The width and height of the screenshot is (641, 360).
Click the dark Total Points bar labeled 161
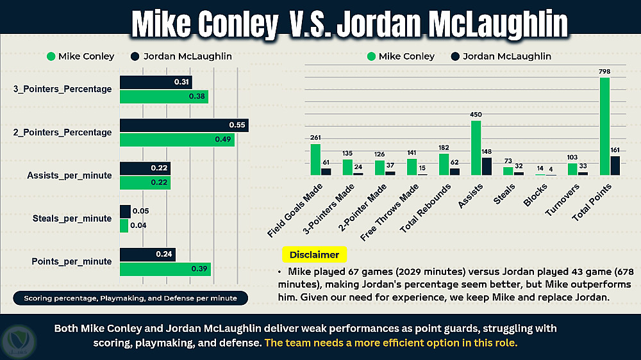615,165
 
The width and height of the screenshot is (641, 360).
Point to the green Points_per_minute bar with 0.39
165,269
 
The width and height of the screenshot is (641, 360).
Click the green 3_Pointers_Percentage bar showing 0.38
164,97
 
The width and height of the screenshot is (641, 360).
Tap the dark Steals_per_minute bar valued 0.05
125,211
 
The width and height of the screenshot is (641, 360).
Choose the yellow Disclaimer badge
314,254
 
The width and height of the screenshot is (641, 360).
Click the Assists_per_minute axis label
69,176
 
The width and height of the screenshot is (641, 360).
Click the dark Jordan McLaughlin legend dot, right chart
454,56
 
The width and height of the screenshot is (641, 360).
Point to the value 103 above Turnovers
572,158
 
